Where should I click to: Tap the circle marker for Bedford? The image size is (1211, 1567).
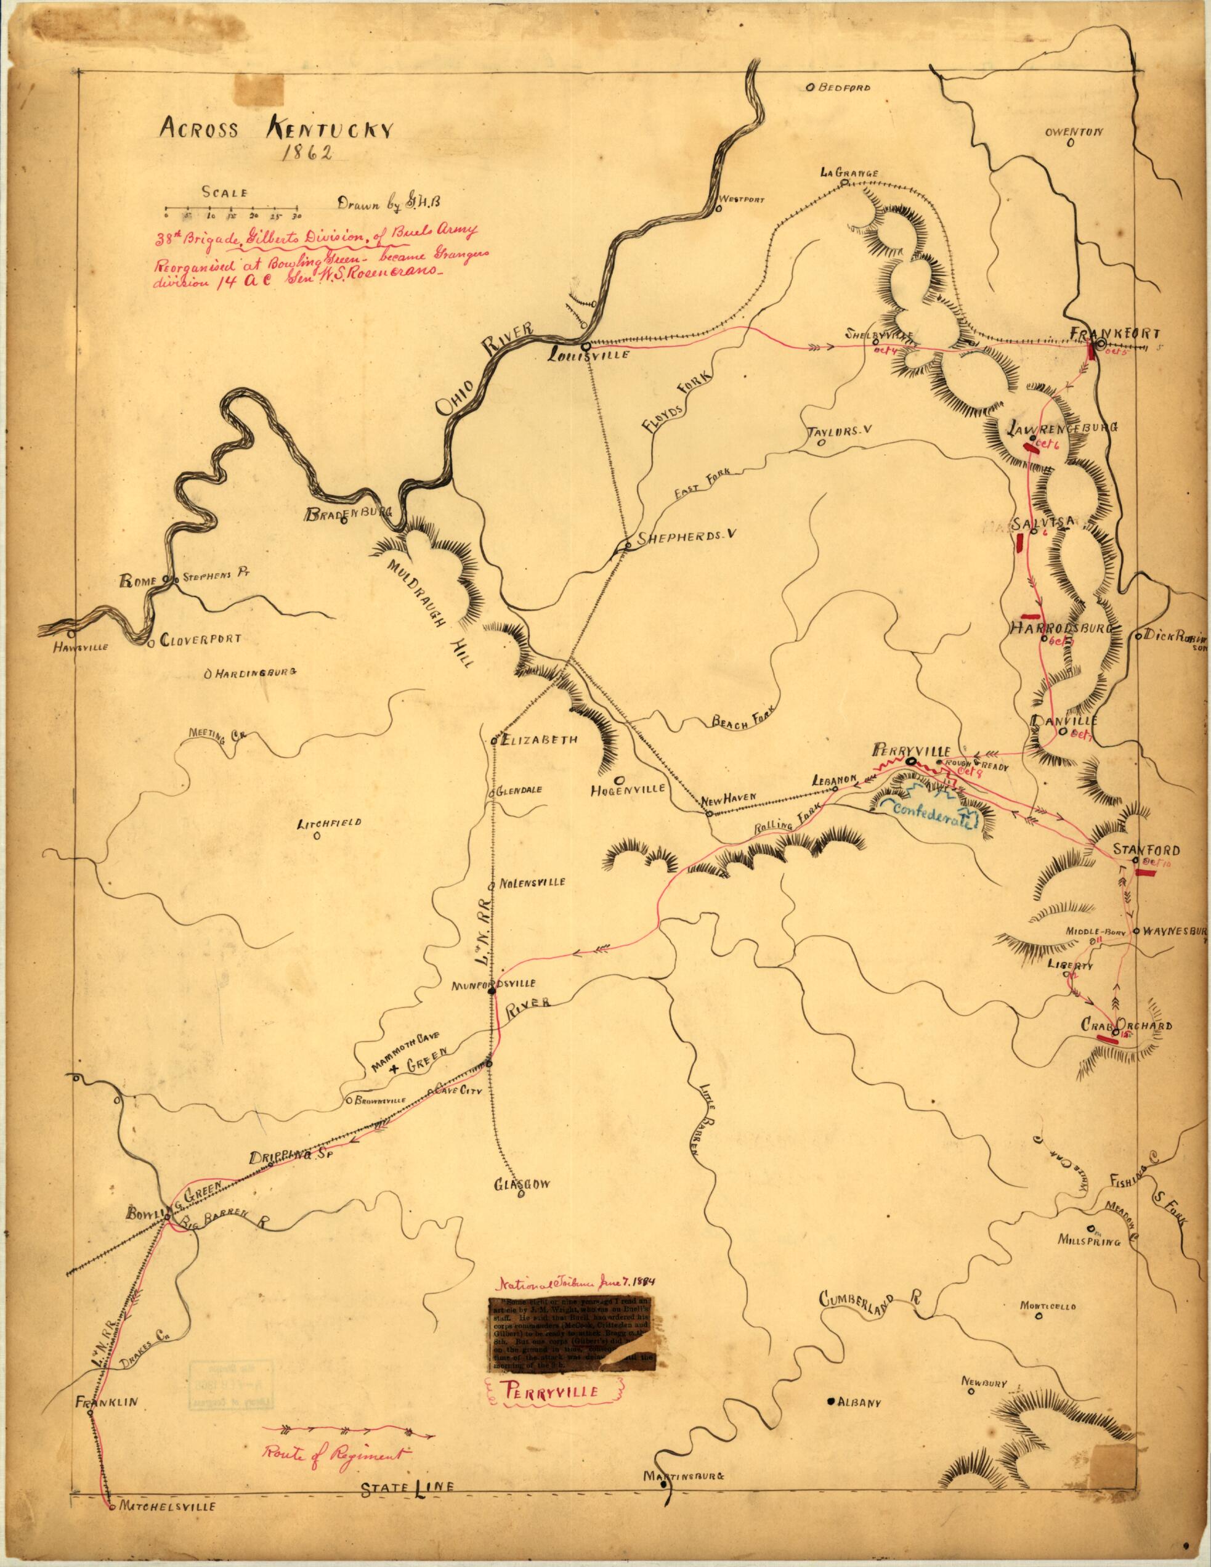809,88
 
